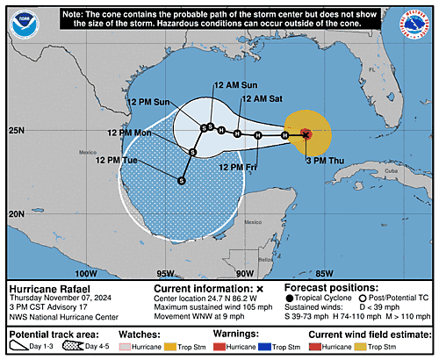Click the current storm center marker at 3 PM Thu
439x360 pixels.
305,134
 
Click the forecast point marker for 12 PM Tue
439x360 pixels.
181,181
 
